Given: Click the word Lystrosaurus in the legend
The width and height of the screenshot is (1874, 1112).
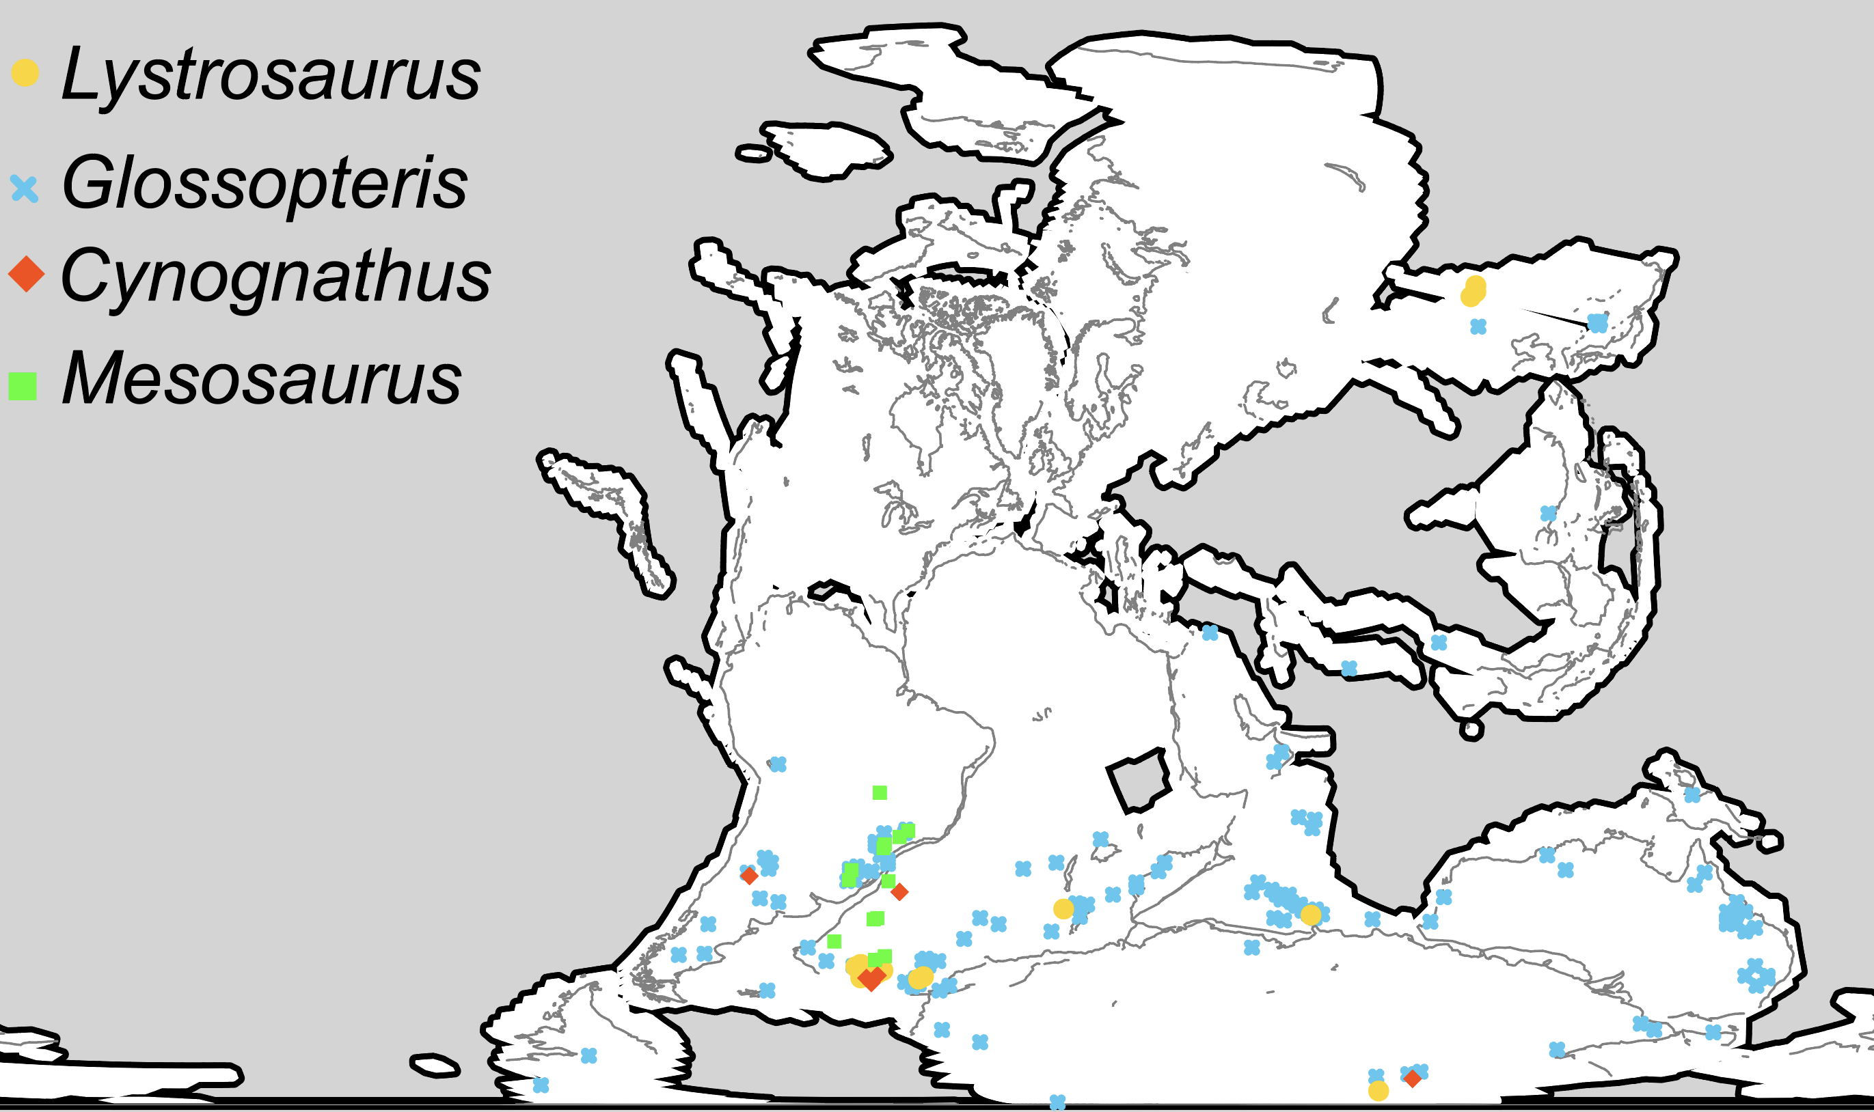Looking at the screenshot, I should tap(270, 75).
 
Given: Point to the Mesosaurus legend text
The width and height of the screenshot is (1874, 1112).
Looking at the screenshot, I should tap(261, 379).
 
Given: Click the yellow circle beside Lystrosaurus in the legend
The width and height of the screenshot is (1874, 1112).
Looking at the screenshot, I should tap(25, 72).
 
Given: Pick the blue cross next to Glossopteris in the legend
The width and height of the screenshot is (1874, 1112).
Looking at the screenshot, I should tap(25, 188).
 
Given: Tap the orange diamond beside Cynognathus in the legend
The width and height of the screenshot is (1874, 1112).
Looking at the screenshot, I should tap(26, 275).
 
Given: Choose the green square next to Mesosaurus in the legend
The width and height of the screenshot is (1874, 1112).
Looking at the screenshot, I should tap(23, 386).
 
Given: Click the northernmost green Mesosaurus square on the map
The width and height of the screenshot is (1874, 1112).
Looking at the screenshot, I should tap(880, 793).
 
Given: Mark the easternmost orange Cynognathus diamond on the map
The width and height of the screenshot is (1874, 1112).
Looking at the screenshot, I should tap(1412, 1079).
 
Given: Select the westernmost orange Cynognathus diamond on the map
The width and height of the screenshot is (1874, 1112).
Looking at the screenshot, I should tap(748, 875).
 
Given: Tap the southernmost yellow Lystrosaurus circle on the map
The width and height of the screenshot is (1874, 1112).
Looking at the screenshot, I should tap(1379, 1091).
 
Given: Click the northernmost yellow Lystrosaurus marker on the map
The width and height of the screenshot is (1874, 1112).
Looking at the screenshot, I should tap(1476, 285).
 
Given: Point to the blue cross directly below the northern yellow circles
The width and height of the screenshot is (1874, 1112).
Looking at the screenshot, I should tap(1478, 326).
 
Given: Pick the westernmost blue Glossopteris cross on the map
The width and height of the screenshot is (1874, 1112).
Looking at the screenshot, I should tap(541, 1085).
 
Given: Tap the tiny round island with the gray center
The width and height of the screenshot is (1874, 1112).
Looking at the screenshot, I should tap(1471, 730).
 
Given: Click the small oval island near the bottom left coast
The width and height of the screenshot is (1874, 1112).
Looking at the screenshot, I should tap(435, 1065).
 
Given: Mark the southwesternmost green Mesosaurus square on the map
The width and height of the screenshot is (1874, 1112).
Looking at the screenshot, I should tap(834, 941).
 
